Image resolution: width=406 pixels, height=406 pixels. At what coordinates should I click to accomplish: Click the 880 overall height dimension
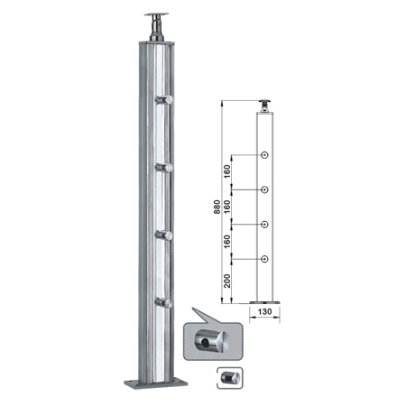pyautogui.click(x=217, y=207)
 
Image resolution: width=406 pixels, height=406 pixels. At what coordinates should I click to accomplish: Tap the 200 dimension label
pyautogui.click(x=227, y=281)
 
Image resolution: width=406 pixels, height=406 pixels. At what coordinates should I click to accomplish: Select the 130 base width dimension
pyautogui.click(x=264, y=311)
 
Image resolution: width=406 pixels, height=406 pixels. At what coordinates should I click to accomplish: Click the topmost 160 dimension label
pyautogui.click(x=227, y=171)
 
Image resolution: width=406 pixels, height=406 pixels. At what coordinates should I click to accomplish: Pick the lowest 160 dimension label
pyautogui.click(x=227, y=242)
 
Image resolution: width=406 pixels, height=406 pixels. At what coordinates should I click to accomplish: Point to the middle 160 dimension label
pyautogui.click(x=227, y=207)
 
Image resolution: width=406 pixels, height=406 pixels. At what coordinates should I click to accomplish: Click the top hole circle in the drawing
pyautogui.click(x=264, y=155)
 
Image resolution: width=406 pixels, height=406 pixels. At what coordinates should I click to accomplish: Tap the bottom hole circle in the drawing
pyautogui.click(x=264, y=259)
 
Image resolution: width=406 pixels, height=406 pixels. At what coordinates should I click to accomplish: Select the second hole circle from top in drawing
pyautogui.click(x=264, y=189)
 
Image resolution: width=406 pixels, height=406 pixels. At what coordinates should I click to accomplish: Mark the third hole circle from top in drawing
pyautogui.click(x=264, y=225)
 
